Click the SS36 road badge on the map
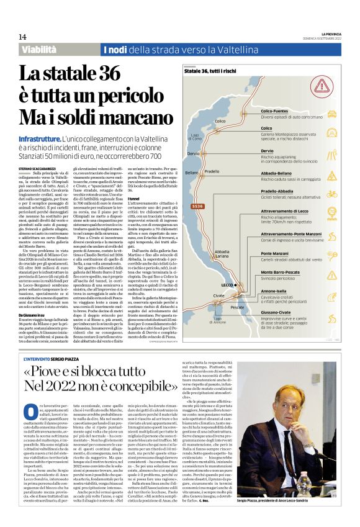[197, 206]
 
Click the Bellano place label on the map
[191, 172]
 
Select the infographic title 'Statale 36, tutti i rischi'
[210, 72]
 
